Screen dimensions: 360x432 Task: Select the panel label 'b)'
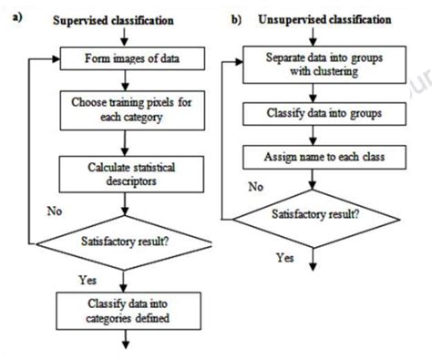pyautogui.click(x=238, y=18)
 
